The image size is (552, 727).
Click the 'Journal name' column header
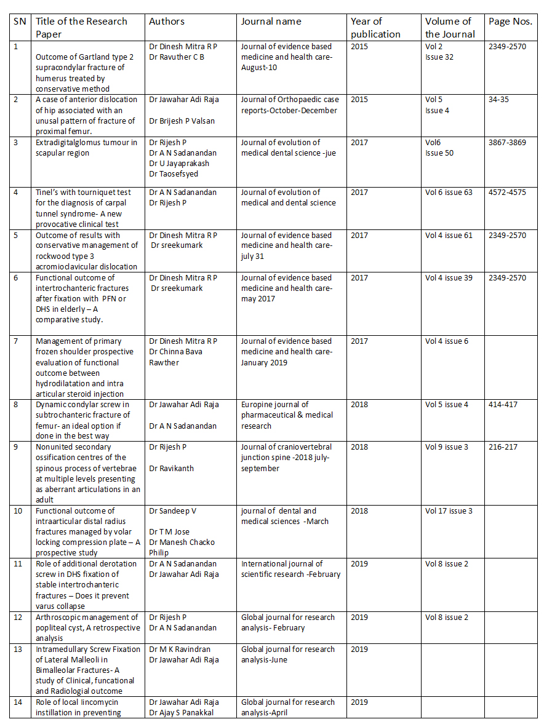pyautogui.click(x=271, y=22)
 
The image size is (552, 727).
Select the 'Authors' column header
pyautogui.click(x=167, y=22)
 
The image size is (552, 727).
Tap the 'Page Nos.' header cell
pyautogui.click(x=510, y=22)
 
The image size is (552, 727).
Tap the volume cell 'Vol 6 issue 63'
pyautogui.click(x=449, y=193)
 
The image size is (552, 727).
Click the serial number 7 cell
pyautogui.click(x=16, y=341)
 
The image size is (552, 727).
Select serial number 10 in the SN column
pyautogui.click(x=18, y=511)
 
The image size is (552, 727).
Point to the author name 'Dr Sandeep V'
pyautogui.click(x=174, y=511)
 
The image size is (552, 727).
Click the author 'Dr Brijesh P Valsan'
pyautogui.click(x=182, y=121)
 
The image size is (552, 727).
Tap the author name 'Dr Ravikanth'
pyautogui.click(x=171, y=469)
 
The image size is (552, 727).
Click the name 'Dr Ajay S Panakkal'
pyautogui.click(x=183, y=713)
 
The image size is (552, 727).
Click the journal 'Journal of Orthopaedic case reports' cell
pyautogui.click(x=289, y=105)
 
